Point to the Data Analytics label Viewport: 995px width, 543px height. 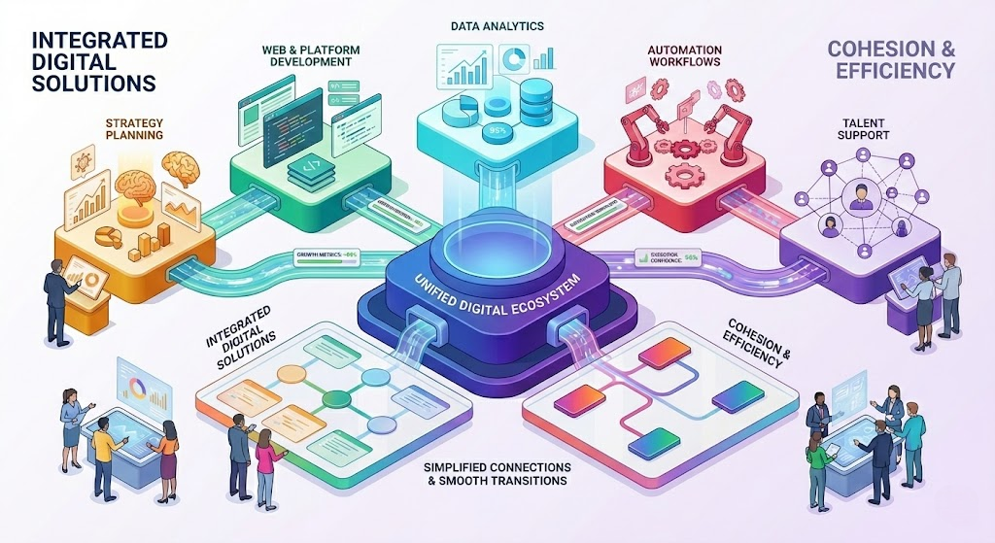pyautogui.click(x=497, y=22)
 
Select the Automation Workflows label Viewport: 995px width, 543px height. pyautogui.click(x=687, y=54)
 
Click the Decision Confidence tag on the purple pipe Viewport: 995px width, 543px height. pyautogui.click(x=671, y=258)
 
